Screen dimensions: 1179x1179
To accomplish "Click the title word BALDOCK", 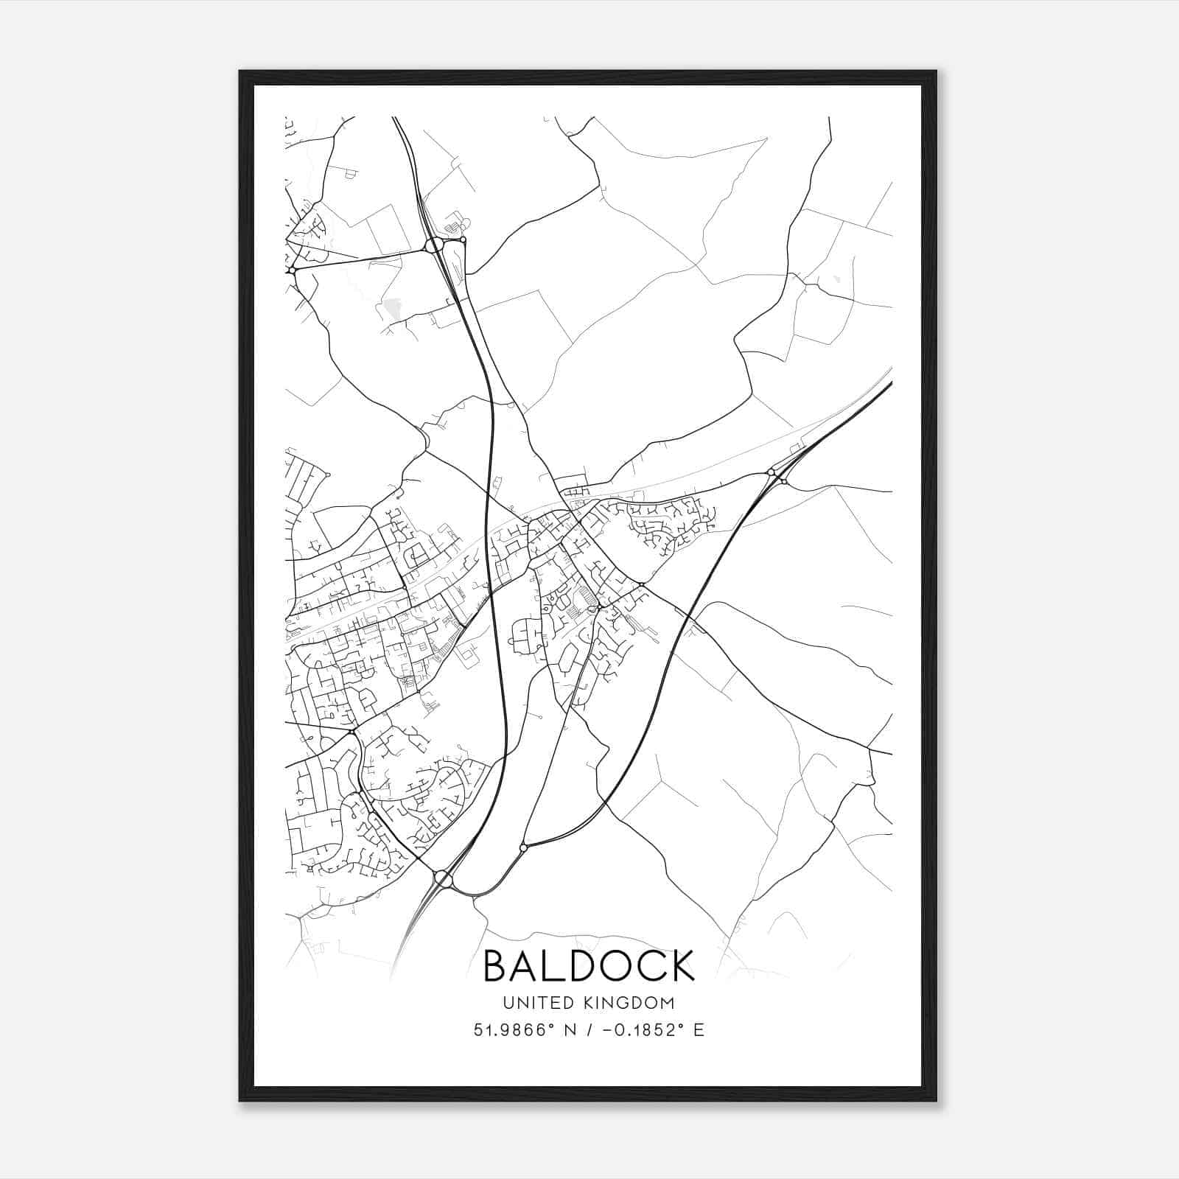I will pyautogui.click(x=589, y=965).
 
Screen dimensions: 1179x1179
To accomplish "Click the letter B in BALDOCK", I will pyautogui.click(x=496, y=965).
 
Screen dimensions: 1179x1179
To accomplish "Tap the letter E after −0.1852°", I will pyautogui.click(x=699, y=1030).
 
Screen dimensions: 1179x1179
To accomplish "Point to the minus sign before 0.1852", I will pyautogui.click(x=607, y=1030).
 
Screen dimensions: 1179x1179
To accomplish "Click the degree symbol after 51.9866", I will pyautogui.click(x=549, y=1025).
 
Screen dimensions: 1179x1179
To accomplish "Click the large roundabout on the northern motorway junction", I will pyautogui.click(x=434, y=245).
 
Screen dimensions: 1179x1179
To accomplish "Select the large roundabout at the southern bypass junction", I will pyautogui.click(x=444, y=878).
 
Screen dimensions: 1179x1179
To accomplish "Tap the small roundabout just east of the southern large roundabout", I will pyautogui.click(x=523, y=848).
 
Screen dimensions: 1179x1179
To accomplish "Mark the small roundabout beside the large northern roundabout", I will pyautogui.click(x=463, y=239).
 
